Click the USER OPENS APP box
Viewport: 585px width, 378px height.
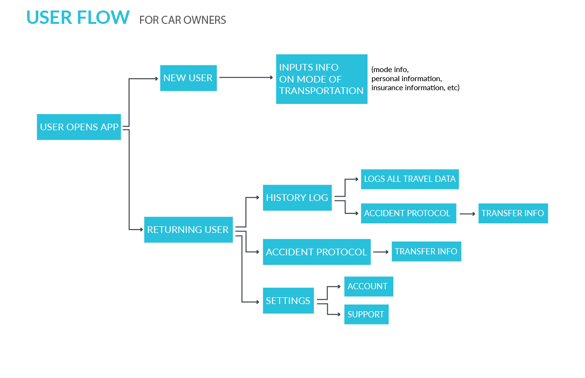(x=79, y=127)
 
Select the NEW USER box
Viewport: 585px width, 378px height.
(x=188, y=78)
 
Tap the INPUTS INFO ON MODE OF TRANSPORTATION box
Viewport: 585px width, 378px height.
(x=322, y=79)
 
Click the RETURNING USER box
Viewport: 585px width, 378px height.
(x=188, y=230)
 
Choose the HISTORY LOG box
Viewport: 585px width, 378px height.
(x=297, y=198)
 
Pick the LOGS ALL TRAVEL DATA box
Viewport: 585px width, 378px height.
(x=410, y=179)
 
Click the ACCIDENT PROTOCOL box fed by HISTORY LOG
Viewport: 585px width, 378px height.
(x=409, y=213)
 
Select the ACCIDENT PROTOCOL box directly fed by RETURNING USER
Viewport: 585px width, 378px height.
(x=316, y=252)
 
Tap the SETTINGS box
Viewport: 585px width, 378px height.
(x=288, y=301)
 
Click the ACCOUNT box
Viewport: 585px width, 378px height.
(x=368, y=286)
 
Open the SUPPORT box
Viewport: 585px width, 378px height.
(x=366, y=315)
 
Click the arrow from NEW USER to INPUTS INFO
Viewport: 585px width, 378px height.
(x=246, y=77)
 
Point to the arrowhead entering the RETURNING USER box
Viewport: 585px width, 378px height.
(x=141, y=230)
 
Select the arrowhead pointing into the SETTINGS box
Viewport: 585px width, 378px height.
(x=258, y=302)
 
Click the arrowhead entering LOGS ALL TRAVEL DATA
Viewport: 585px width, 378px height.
(x=357, y=179)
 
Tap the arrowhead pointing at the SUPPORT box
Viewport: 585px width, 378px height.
(x=339, y=315)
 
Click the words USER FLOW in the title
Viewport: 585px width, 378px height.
(x=78, y=18)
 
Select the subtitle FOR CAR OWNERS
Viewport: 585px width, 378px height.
(x=183, y=20)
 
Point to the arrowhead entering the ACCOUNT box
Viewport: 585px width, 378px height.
(x=339, y=287)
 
